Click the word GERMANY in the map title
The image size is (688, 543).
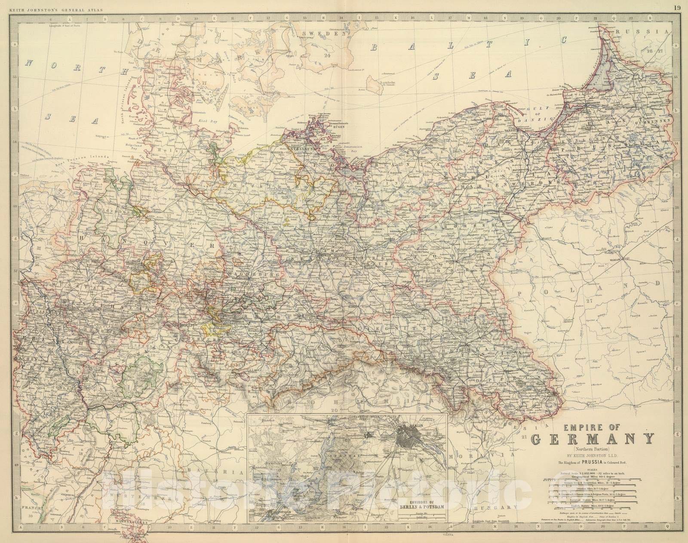tap(593, 439)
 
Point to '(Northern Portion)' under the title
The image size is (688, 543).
tap(593, 449)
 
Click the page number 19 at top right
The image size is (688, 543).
tap(677, 7)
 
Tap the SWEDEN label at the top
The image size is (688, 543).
tap(324, 34)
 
